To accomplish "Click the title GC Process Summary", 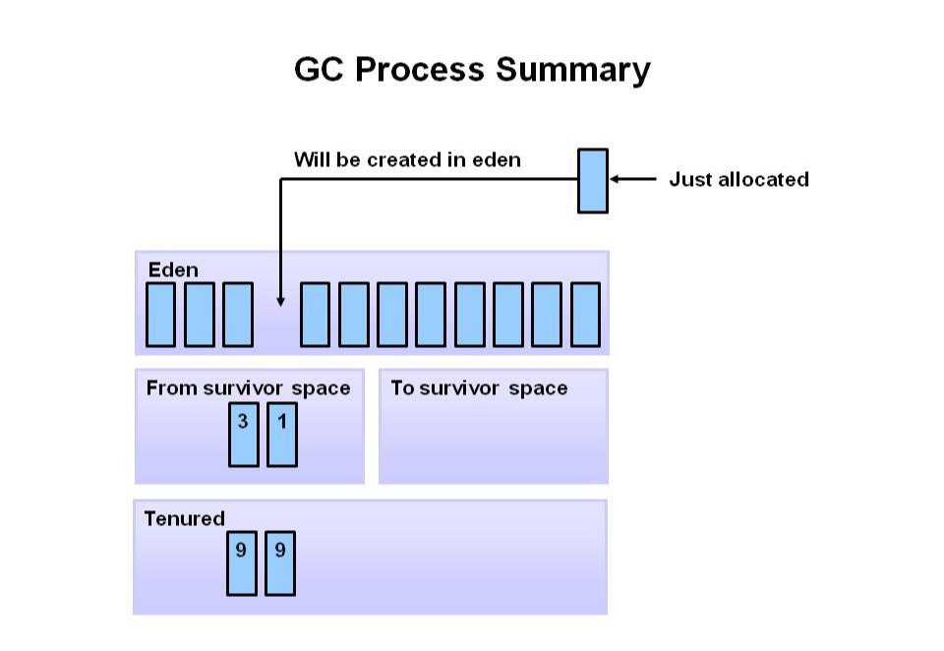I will (472, 70).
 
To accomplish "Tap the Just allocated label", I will (738, 179).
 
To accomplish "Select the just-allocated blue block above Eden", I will (592, 180).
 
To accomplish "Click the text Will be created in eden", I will (407, 159).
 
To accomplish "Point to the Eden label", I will (173, 269).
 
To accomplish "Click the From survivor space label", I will (248, 387).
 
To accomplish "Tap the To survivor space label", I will (479, 387).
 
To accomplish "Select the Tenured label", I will (185, 518).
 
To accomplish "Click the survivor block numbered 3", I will (243, 434).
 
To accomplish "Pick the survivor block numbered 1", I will (282, 434).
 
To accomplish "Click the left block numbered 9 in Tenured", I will (241, 562).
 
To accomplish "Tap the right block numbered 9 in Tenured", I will (280, 562).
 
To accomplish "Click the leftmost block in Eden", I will (160, 315).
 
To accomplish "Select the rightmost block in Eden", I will (585, 315).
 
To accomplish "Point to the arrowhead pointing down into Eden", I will (280, 301).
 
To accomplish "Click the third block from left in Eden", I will (237, 315).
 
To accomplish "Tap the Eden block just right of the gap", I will (315, 315).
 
